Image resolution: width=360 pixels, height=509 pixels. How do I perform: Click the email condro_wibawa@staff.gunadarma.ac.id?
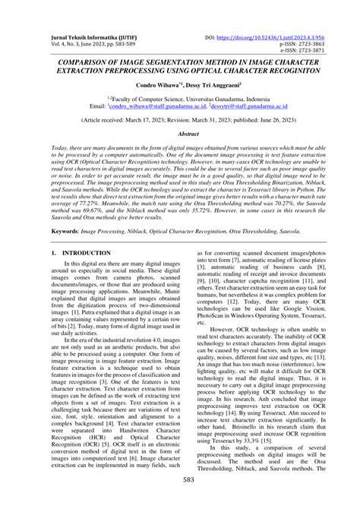[153, 107]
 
